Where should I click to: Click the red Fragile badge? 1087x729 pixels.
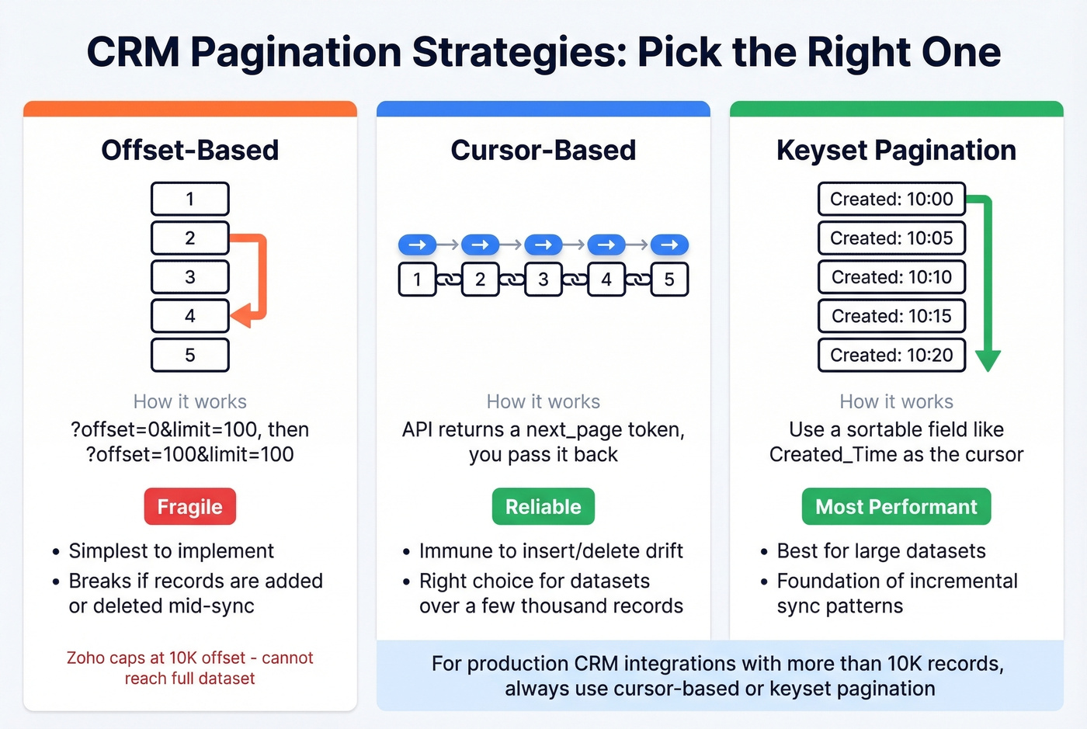189,507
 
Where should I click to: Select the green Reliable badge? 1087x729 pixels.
543,507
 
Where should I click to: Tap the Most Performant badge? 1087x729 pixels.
896,507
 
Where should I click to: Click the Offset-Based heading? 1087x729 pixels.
189,150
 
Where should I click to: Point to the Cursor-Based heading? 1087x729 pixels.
543,150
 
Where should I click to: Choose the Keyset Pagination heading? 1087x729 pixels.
896,150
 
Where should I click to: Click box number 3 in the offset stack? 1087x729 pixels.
189,277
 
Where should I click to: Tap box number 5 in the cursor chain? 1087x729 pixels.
669,279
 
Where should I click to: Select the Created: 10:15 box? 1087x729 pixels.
891,316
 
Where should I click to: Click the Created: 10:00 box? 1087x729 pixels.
891,199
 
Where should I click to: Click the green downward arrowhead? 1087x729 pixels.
988,360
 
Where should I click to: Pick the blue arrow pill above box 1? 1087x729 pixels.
417,245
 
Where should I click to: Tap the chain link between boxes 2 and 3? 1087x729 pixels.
511,279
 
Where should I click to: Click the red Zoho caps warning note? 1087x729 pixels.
189,668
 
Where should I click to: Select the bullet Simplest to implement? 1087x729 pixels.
171,551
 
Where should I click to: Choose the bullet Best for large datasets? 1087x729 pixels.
881,551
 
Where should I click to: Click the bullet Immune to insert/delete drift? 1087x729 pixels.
550,551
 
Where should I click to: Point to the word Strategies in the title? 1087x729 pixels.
519,53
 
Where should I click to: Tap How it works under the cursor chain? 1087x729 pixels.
543,401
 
